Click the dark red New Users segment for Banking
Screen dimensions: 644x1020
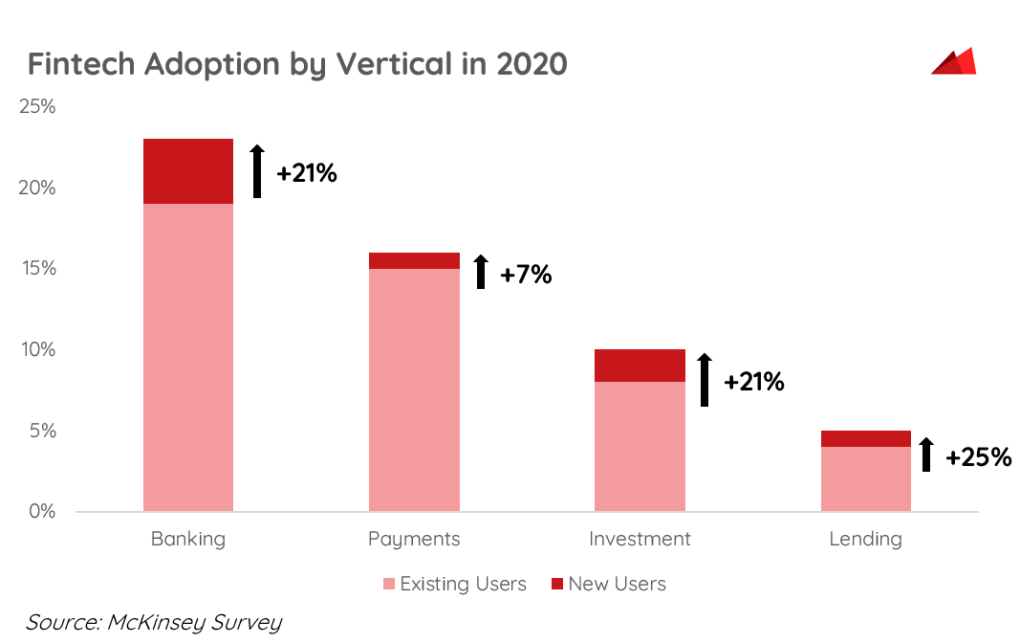coord(188,171)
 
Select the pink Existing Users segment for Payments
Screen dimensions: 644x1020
coord(414,389)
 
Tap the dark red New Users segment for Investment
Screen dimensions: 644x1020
coord(640,366)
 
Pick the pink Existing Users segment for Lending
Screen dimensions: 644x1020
coord(865,478)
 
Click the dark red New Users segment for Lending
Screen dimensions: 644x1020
coord(865,438)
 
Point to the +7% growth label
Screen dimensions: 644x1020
coord(526,275)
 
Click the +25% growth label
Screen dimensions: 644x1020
coord(978,457)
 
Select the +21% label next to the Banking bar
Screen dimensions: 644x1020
coord(306,174)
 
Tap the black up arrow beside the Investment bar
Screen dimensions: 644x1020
coord(705,380)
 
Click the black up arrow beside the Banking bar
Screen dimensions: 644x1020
coord(257,171)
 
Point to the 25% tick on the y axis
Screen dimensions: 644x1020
coord(38,106)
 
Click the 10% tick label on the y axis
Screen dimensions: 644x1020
coord(38,349)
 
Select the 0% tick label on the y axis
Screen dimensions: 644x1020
coord(42,511)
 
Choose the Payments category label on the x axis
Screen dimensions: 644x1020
coord(414,539)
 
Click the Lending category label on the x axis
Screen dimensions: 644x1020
coord(865,539)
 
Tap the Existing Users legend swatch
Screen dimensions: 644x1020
coord(388,584)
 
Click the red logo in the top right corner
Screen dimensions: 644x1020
coord(953,61)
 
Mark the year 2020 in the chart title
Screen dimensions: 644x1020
coord(532,64)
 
